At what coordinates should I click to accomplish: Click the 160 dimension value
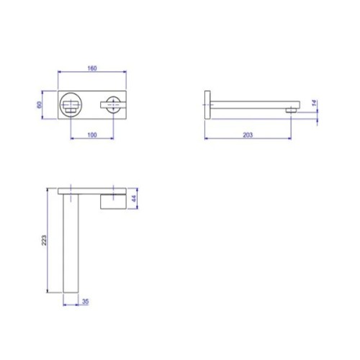coord(92,68)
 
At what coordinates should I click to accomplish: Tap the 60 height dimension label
coord(40,105)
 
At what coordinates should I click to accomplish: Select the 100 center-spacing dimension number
coord(92,135)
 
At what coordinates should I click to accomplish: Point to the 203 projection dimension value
coord(248,135)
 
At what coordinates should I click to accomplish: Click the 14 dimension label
coord(314,103)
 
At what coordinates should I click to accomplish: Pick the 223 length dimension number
coord(44,240)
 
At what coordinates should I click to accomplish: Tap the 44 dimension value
coord(134,199)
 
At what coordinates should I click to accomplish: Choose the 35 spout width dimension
coord(86,302)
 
